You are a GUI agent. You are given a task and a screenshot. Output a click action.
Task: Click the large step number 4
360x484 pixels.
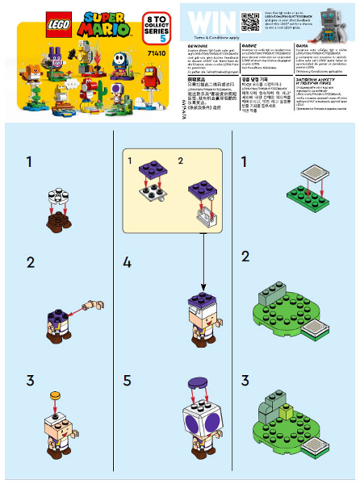point(127,262)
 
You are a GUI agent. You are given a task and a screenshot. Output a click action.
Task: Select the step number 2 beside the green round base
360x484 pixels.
point(245,257)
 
